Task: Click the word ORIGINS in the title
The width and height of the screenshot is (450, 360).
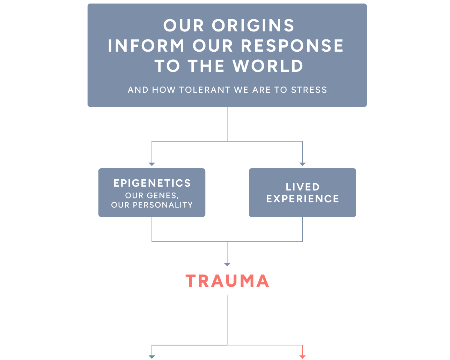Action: pos(253,26)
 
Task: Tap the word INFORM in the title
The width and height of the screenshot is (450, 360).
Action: pos(146,46)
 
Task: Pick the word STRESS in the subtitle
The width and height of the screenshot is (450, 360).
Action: pos(309,90)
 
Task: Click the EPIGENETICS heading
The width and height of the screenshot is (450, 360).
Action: pos(152,183)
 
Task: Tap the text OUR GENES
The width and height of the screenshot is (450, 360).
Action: pos(152,196)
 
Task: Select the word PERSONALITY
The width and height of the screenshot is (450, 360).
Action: pos(163,205)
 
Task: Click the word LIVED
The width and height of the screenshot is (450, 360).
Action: pos(303,187)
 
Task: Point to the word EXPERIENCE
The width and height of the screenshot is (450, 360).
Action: pos(303,199)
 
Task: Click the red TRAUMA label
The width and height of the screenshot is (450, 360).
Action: pos(227,281)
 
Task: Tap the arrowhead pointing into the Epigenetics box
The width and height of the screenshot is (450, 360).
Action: pos(152,164)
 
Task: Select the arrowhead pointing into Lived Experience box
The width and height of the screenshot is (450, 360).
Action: pos(303,164)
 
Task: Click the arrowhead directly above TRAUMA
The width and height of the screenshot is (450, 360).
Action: pos(227,264)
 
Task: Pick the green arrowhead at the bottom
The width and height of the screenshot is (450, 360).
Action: pos(152,357)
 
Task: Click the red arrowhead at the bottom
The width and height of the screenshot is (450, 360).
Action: pos(303,357)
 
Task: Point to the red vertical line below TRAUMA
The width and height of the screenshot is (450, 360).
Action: pos(227,319)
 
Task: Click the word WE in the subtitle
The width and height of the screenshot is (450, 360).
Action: pos(241,90)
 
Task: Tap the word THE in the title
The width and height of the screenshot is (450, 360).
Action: pos(206,66)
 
